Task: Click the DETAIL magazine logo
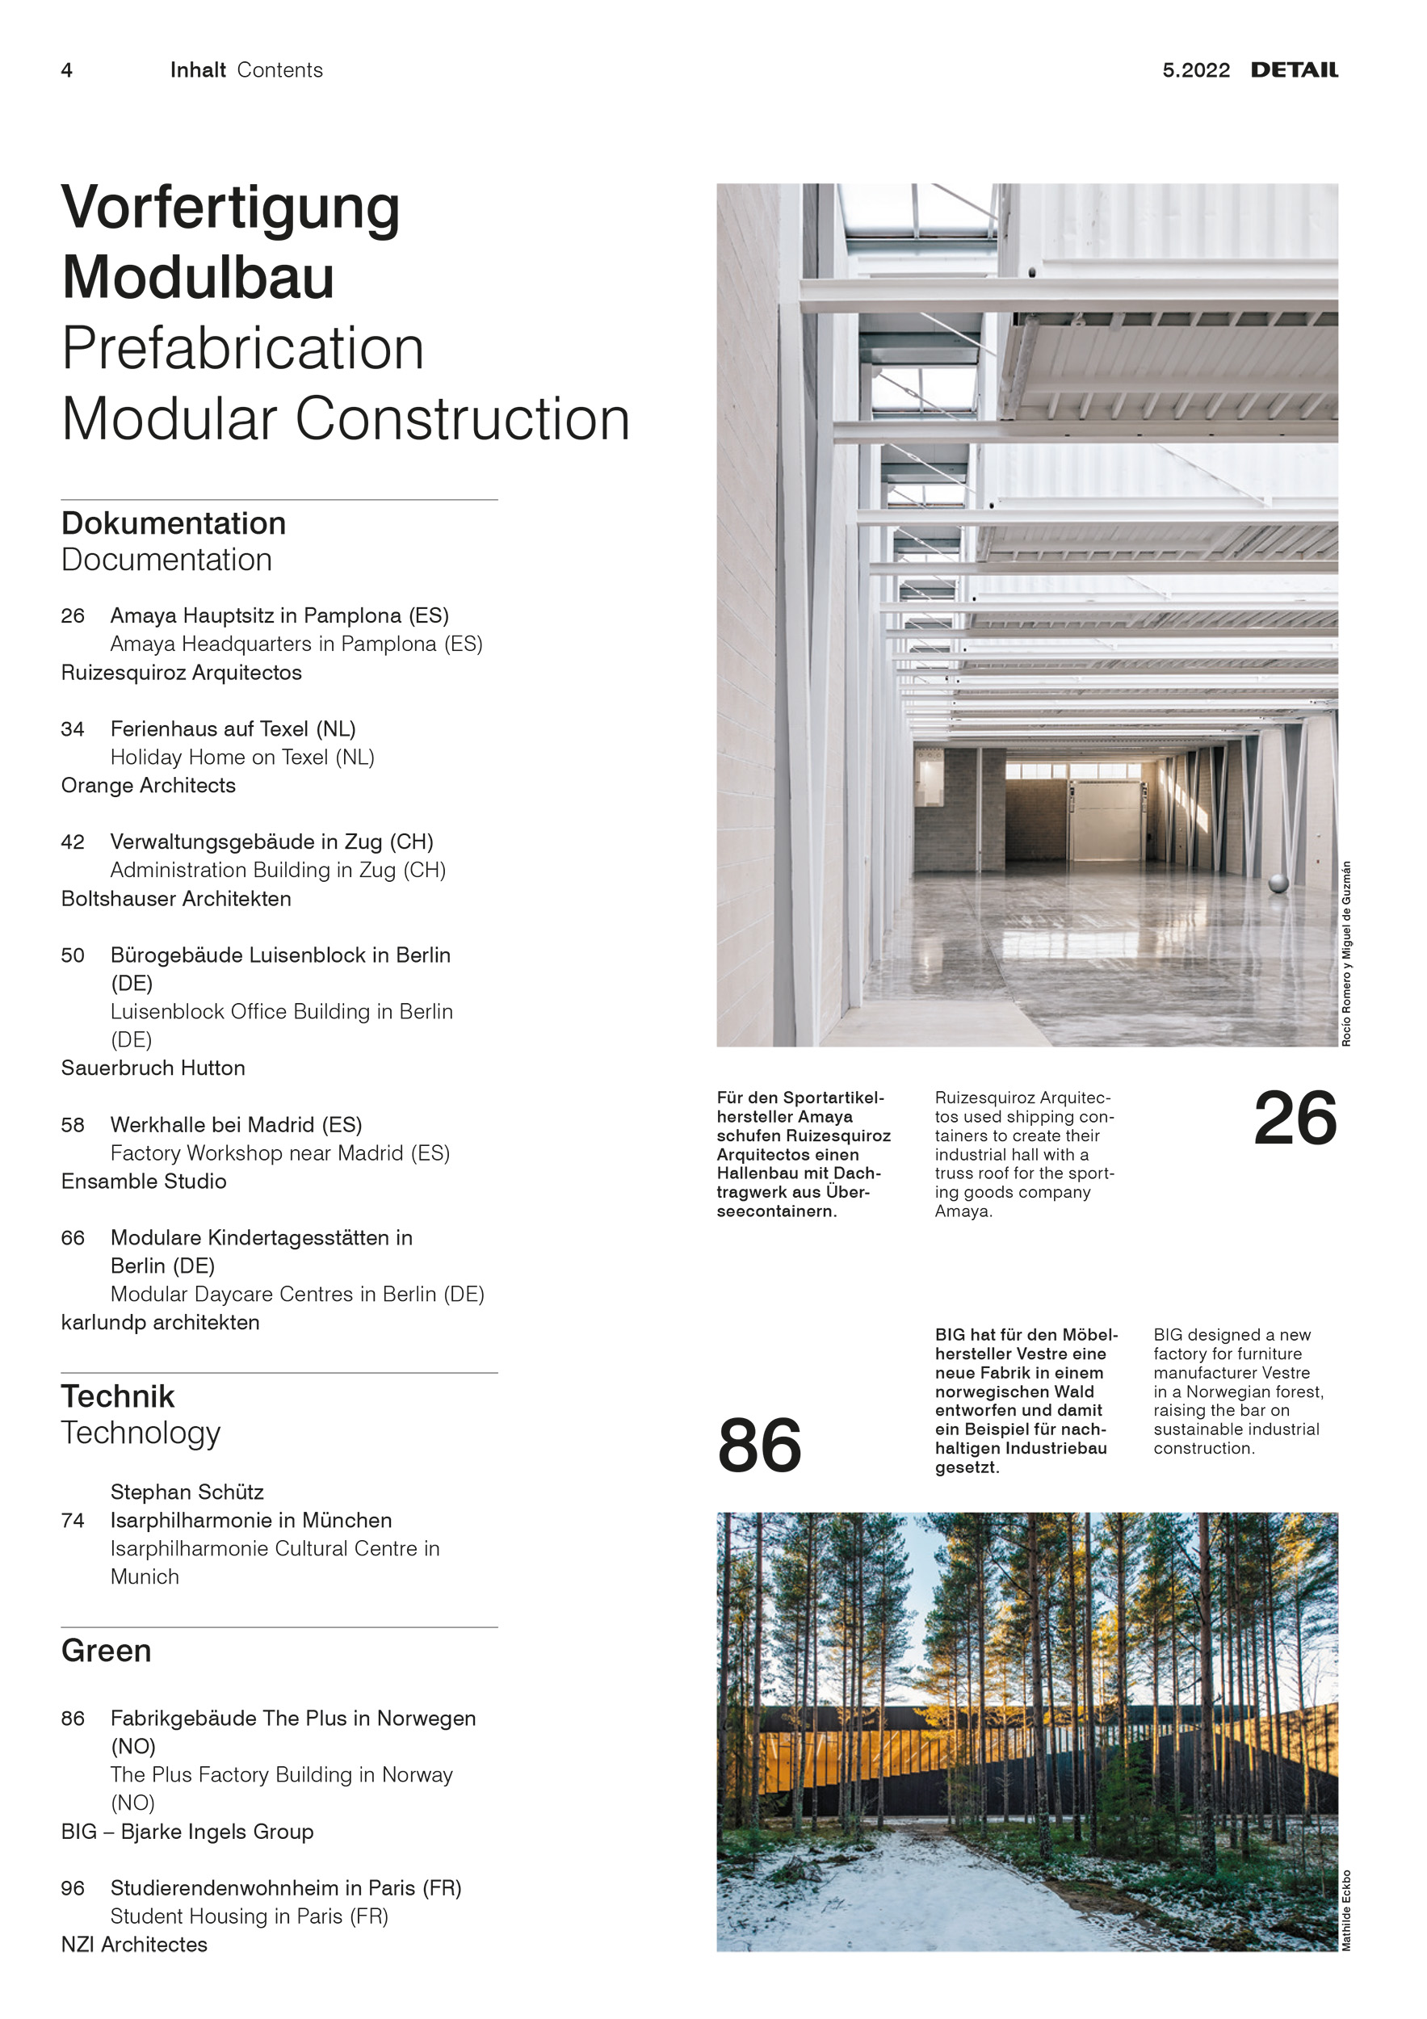1294,70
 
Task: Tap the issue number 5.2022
1196,70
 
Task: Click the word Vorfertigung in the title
230,208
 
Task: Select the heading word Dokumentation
173,523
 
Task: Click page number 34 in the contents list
73,729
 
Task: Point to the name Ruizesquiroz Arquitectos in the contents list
181,673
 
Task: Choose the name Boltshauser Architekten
176,899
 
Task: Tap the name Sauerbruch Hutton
153,1068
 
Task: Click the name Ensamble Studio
143,1181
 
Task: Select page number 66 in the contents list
73,1238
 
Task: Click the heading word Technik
118,1396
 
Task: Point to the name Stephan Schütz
187,1492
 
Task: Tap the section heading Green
106,1651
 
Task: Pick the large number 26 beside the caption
1295,1119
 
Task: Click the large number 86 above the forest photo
760,1446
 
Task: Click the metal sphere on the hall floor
1278,882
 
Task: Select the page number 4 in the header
67,70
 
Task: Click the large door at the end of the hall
1106,820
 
